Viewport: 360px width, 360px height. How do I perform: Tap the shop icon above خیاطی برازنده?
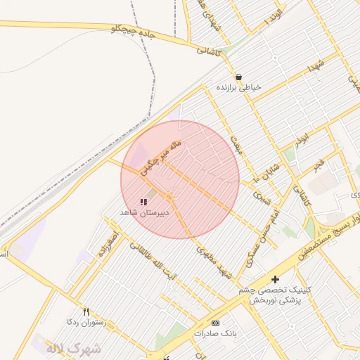239,77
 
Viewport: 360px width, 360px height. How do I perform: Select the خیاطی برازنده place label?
239,88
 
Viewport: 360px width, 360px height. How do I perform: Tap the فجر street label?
321,166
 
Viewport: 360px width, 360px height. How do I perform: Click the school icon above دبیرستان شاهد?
144,202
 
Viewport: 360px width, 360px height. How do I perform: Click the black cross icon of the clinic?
275,279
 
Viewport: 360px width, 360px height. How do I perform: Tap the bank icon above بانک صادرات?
215,323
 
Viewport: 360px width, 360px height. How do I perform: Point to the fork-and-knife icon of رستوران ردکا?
86,311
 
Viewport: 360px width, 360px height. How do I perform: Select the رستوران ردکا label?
84,322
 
